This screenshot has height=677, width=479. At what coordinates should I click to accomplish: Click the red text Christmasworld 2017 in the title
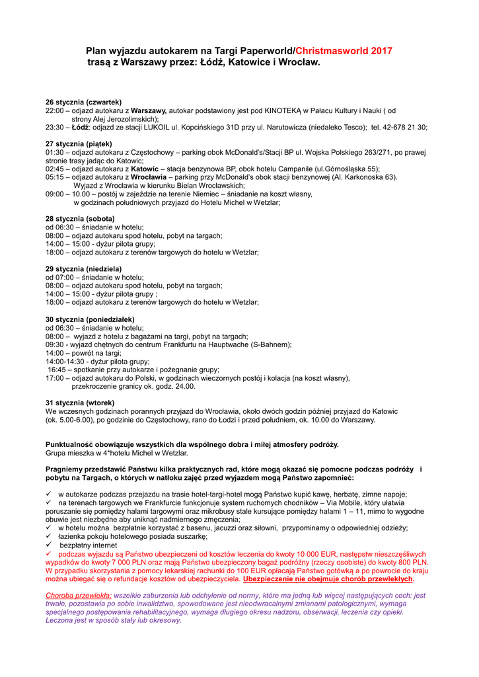pos(344,51)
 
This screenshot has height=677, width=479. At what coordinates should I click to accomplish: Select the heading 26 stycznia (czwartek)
pos(83,102)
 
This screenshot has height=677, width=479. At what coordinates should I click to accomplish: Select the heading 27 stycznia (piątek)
pos(79,143)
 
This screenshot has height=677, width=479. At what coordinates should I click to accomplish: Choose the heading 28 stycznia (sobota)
pos(80,218)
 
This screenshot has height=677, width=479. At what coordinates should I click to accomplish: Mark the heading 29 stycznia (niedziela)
pos(83,268)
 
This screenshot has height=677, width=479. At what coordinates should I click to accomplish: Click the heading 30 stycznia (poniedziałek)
pos(90,319)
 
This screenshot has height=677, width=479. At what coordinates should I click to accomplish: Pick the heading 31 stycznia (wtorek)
pos(80,403)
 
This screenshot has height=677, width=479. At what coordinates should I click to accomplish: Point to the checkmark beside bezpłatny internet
pos(49,545)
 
